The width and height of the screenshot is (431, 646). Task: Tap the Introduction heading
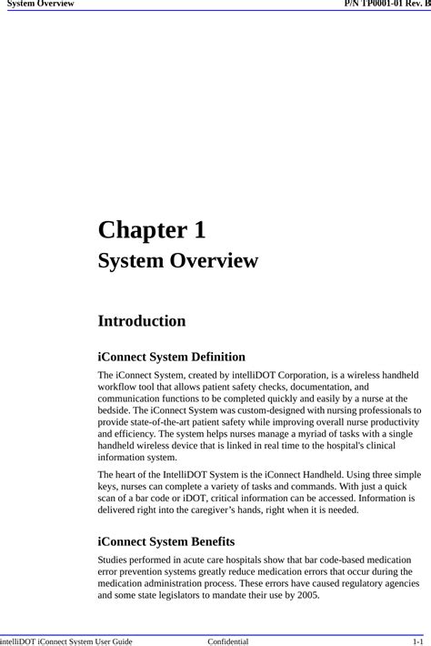coord(142,321)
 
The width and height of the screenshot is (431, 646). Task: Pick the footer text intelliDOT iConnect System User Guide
coord(66,641)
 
